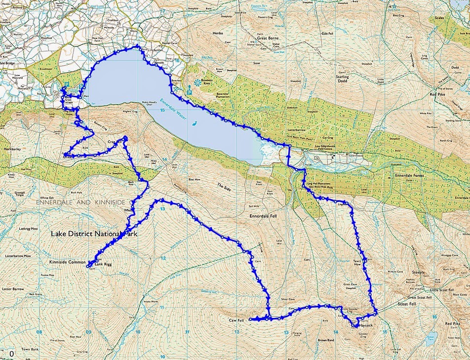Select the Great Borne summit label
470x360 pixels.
tap(268, 37)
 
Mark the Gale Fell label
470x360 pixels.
tap(328, 34)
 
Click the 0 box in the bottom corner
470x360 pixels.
tap(11, 354)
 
